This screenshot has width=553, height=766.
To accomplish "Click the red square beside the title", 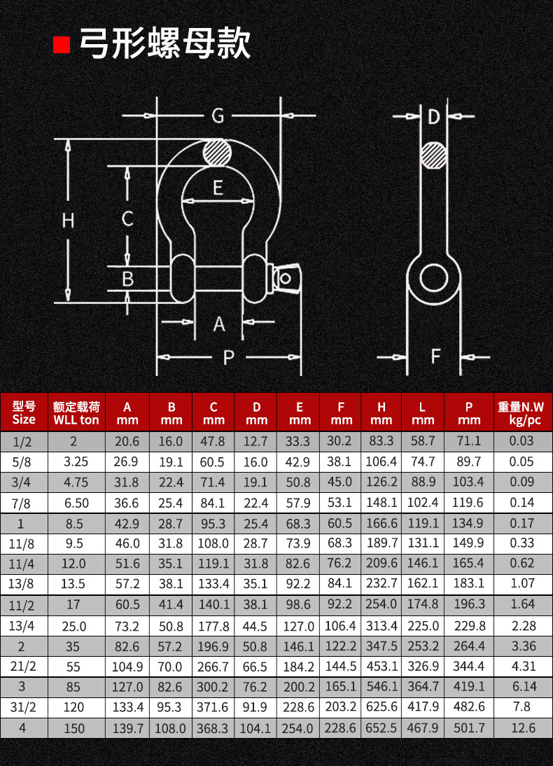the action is click(x=62, y=44).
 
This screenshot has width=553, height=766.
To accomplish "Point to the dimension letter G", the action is click(x=218, y=116).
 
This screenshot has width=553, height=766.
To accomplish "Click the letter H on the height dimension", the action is click(x=68, y=221).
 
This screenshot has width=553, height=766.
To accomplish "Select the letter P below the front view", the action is click(x=228, y=358).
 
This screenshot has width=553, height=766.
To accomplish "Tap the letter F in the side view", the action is click(x=436, y=356).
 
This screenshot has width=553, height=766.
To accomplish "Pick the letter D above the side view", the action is click(x=434, y=117).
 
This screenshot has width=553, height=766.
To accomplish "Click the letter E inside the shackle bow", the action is click(x=218, y=188).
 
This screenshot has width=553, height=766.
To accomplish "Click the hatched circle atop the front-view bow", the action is click(x=218, y=153).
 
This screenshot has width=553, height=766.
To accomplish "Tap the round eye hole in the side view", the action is click(x=434, y=279).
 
